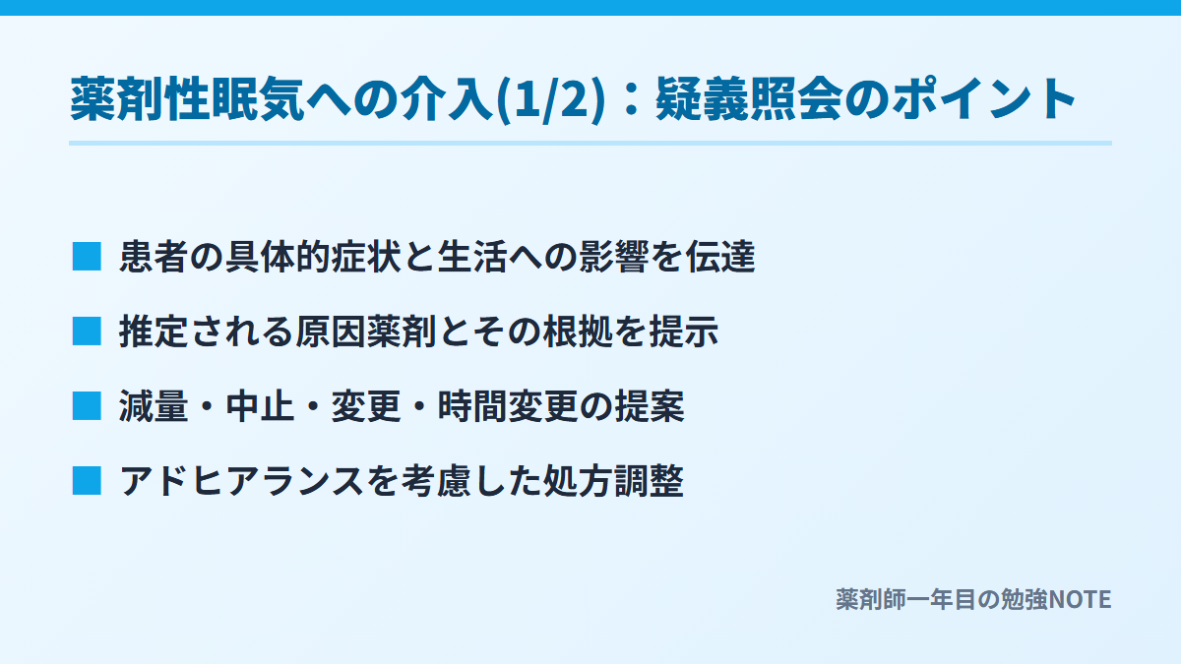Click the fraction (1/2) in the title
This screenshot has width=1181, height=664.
point(551,99)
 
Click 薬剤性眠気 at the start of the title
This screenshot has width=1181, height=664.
point(187,99)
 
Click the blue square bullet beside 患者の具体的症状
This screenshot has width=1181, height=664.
point(87,256)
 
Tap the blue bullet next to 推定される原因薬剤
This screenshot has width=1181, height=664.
point(87,331)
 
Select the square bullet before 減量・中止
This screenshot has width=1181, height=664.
point(87,405)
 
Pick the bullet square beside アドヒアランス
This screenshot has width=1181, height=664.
point(87,481)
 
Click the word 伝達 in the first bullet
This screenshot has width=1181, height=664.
point(720,257)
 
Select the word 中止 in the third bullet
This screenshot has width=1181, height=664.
point(260,406)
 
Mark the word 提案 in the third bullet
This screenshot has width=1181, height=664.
point(650,406)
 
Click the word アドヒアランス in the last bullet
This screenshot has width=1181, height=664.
point(241,481)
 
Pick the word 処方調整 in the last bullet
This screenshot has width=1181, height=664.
point(613,481)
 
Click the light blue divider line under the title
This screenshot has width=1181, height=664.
point(590,143)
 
